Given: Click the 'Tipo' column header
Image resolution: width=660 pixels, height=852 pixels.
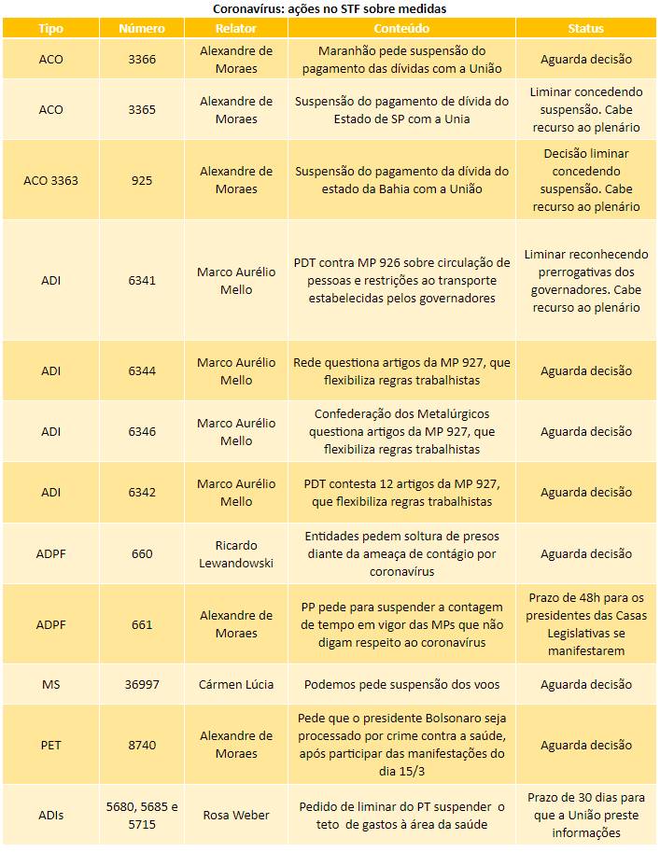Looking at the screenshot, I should pyautogui.click(x=51, y=28).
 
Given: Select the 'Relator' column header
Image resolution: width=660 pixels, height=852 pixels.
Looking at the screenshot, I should pyautogui.click(x=236, y=28).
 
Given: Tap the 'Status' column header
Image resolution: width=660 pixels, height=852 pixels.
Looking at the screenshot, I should pyautogui.click(x=585, y=28).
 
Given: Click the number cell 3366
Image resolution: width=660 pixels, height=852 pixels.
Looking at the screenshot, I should pyautogui.click(x=142, y=60).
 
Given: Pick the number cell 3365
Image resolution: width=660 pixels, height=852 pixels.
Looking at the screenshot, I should pyautogui.click(x=142, y=110).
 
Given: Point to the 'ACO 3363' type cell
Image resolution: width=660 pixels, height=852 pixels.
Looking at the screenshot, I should pyautogui.click(x=51, y=180).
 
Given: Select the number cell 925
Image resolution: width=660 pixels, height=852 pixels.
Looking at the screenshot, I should pyautogui.click(x=142, y=180).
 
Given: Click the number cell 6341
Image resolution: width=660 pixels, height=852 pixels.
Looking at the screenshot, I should pyautogui.click(x=142, y=281).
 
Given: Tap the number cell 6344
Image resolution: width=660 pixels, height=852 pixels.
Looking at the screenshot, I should pyautogui.click(x=142, y=371).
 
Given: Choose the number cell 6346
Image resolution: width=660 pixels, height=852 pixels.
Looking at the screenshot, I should pyautogui.click(x=142, y=432).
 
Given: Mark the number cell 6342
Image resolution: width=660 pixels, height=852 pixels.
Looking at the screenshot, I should pyautogui.click(x=142, y=493).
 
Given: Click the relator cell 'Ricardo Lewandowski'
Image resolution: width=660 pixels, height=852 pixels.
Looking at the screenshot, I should pyautogui.click(x=236, y=553).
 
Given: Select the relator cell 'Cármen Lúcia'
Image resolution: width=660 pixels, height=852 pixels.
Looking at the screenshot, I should pyautogui.click(x=236, y=685).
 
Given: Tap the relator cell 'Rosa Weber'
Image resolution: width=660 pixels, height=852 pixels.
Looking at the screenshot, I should pyautogui.click(x=236, y=816).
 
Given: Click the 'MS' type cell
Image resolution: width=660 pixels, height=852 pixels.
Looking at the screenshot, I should pyautogui.click(x=51, y=685).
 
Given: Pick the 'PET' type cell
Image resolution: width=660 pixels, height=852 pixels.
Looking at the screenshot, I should pyautogui.click(x=51, y=746).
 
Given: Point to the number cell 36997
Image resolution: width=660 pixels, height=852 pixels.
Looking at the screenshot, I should pyautogui.click(x=142, y=685).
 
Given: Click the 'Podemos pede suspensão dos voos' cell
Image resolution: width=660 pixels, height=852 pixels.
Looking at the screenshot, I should pyautogui.click(x=402, y=685).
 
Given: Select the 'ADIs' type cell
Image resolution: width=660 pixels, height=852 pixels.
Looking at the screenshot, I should pyautogui.click(x=51, y=816).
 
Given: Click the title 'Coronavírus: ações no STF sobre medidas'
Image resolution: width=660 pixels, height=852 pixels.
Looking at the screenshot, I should pyautogui.click(x=330, y=8).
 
